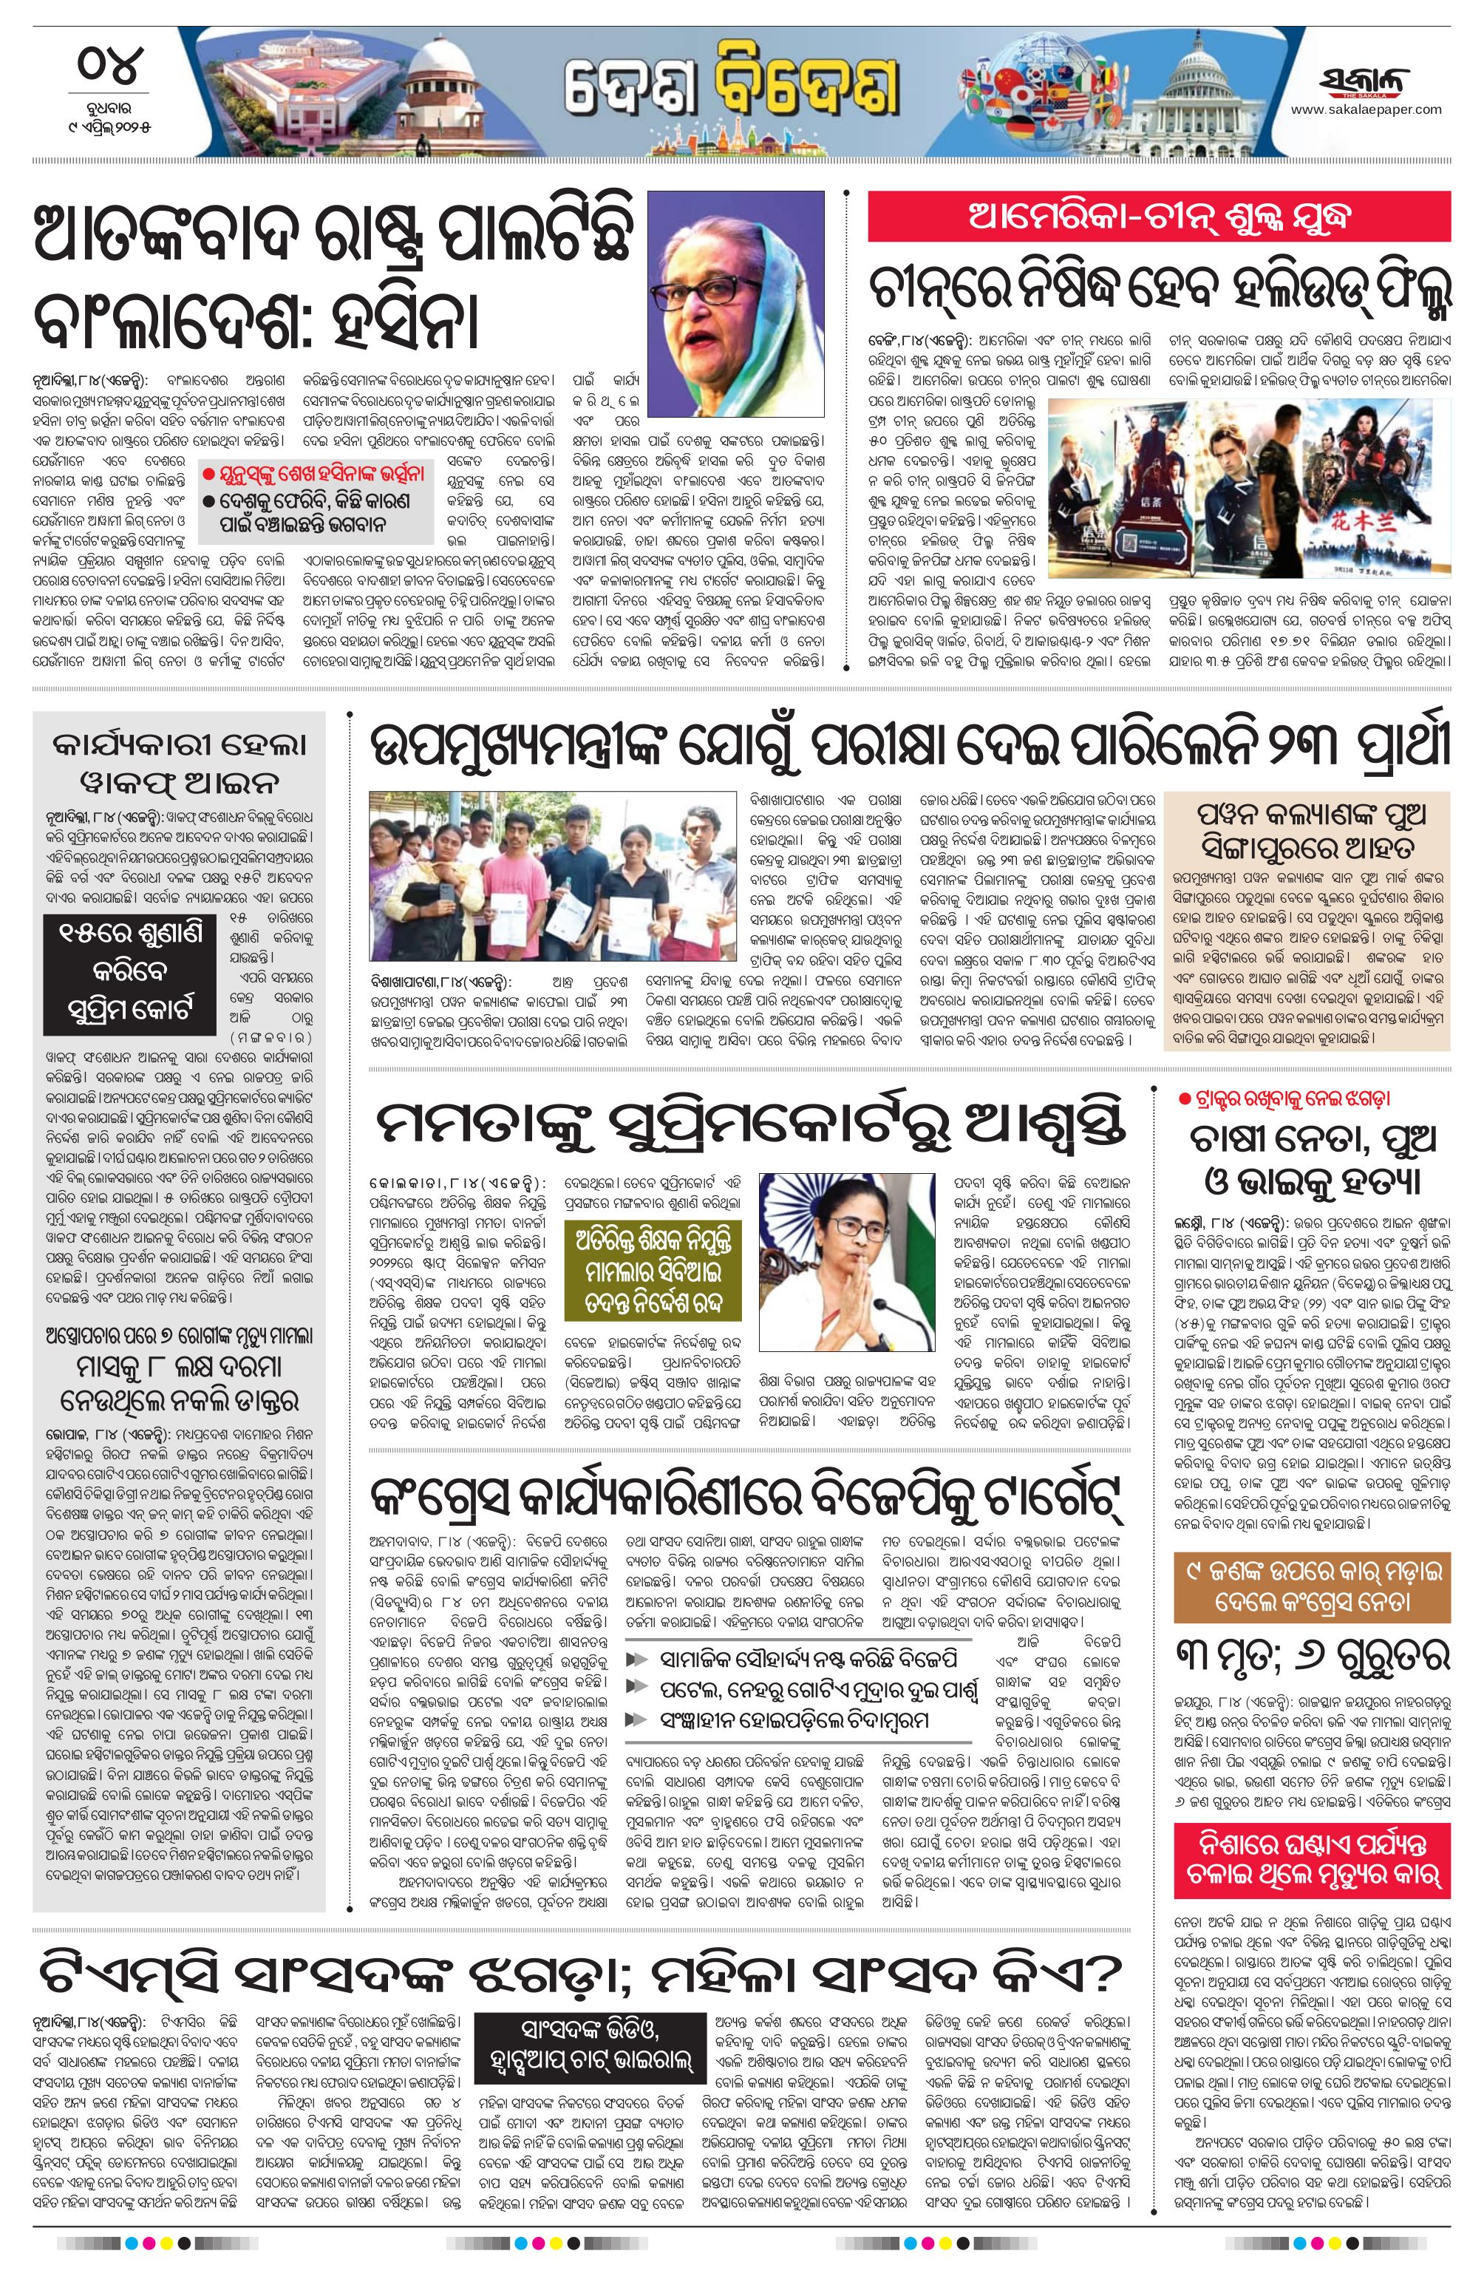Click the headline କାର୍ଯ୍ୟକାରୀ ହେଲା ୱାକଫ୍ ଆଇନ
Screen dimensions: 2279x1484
[179, 762]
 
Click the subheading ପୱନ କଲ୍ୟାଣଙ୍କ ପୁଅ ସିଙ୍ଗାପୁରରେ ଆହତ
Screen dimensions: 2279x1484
[1307, 830]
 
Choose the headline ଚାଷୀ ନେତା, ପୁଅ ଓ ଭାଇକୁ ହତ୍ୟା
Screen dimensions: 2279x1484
[1311, 1161]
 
